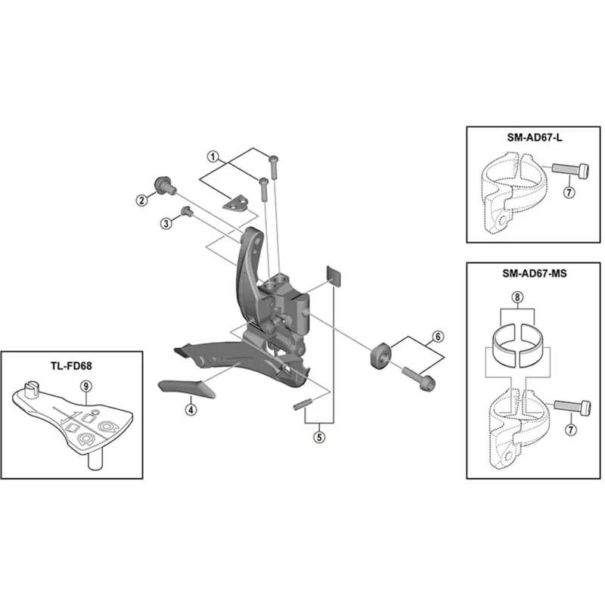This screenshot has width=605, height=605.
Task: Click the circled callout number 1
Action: (x=213, y=157)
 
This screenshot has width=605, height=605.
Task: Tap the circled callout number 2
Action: (x=141, y=200)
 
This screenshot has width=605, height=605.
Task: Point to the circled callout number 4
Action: (x=191, y=409)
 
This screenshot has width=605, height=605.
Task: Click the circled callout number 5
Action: (x=319, y=436)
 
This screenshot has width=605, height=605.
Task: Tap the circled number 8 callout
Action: (x=517, y=299)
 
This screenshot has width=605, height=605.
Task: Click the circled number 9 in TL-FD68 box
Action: (x=86, y=384)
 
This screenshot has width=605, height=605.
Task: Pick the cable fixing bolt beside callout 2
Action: (x=162, y=184)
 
